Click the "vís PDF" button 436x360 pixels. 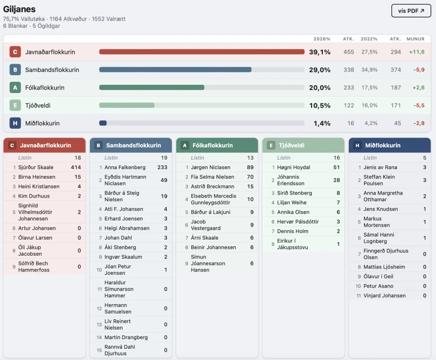[x=411, y=11]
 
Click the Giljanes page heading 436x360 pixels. [x=19, y=9]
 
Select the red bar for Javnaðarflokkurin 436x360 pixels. [x=201, y=52]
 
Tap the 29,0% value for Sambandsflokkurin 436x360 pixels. [x=319, y=70]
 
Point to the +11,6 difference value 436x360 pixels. [x=416, y=52]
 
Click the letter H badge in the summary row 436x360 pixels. [x=15, y=123]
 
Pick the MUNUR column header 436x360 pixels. [x=415, y=39]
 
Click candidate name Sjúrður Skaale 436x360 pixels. [x=36, y=168]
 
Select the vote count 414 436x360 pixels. [x=75, y=168]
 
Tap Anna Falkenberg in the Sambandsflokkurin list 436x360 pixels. [x=125, y=168]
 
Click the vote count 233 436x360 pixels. [x=162, y=168]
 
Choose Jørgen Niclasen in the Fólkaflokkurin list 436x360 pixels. [x=211, y=168]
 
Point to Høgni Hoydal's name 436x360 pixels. [x=293, y=168]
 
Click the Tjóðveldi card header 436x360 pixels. [x=303, y=145]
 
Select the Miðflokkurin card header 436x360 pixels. [x=389, y=145]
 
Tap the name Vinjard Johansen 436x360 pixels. [x=385, y=296]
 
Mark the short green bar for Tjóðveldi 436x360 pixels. [x=127, y=105]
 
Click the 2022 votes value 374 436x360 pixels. [x=395, y=70]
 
